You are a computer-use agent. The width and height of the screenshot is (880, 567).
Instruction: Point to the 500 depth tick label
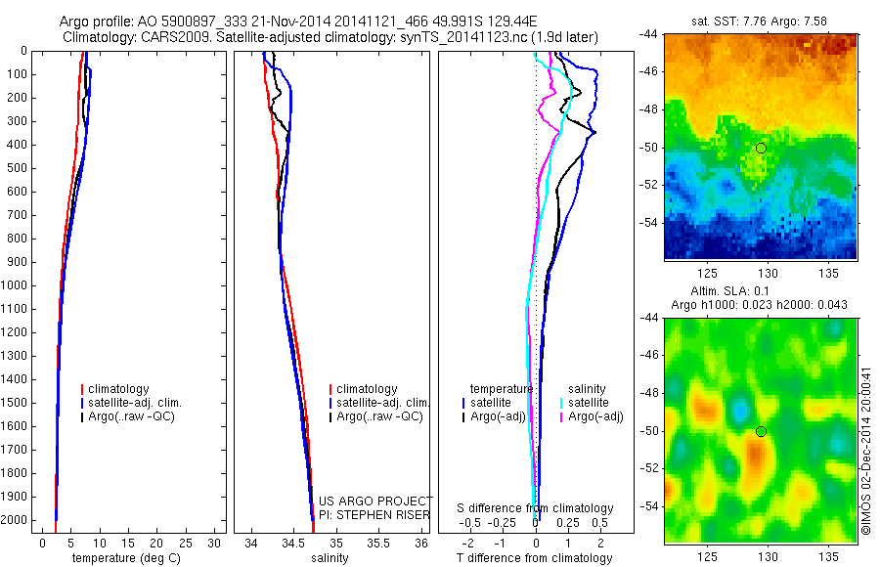click(17, 168)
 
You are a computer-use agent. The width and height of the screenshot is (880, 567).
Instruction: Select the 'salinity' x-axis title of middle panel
click(329, 558)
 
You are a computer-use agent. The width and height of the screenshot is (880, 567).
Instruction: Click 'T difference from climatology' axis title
click(534, 558)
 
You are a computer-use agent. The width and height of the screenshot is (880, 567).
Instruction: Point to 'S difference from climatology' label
click(535, 508)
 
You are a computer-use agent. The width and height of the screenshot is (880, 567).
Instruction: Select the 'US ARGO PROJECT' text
click(375, 501)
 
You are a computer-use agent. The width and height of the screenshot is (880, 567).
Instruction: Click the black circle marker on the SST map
click(761, 148)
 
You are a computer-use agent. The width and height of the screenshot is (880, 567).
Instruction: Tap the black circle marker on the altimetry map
click(761, 431)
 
